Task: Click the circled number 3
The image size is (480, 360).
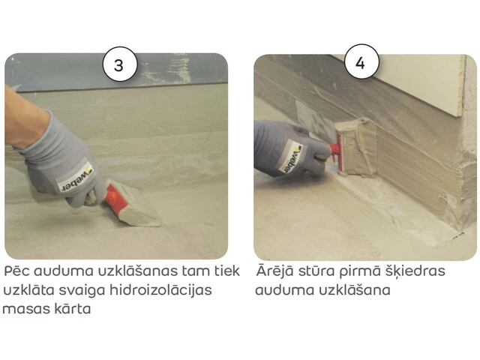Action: [x=120, y=64]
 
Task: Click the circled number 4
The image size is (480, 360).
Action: [x=361, y=62]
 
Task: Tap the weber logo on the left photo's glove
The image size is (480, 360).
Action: [x=76, y=178]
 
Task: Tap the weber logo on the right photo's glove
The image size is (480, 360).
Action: [x=293, y=158]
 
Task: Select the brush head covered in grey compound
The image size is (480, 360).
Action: [x=355, y=148]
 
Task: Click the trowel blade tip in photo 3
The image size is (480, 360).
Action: [x=160, y=225]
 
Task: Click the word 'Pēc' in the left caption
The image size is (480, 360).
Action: [x=16, y=271]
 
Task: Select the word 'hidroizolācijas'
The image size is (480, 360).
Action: [x=160, y=290]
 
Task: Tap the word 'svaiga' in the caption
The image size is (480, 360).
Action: [x=82, y=291]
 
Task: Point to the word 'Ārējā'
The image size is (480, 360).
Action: [x=274, y=270]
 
